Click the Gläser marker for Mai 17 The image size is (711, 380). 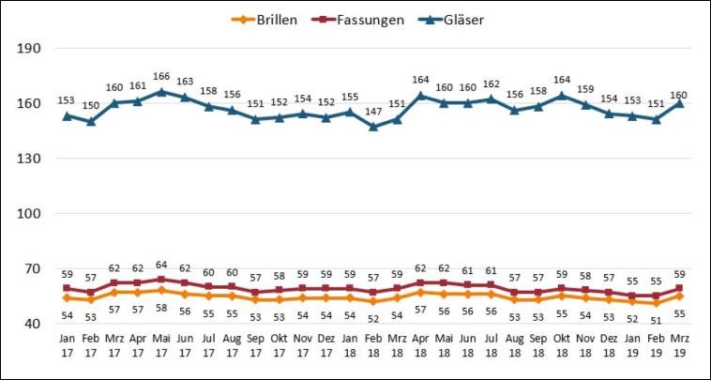161,92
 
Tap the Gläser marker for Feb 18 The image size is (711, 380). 373,127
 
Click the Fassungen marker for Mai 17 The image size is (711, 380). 161,280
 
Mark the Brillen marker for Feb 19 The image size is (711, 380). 656,303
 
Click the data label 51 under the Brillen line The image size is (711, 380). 656,317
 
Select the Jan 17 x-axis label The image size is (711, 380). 67,345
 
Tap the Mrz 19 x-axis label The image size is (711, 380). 679,345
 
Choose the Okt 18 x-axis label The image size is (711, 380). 562,345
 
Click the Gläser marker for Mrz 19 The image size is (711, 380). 679,103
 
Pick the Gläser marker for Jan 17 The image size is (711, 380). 67,116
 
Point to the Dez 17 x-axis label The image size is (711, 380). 326,345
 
